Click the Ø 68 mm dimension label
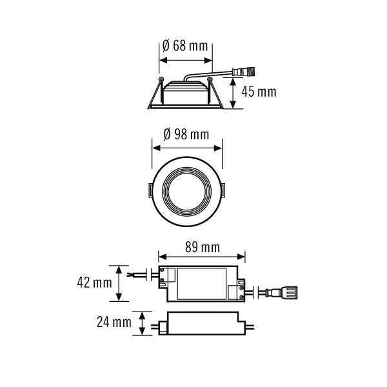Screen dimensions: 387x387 [185, 46]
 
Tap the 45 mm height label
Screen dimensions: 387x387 [259, 92]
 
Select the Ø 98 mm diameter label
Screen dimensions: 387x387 [186, 135]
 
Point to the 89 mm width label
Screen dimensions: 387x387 [203, 247]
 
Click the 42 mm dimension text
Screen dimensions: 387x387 [95, 283]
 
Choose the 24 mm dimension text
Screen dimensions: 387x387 [114, 322]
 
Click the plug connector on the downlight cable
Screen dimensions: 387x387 [244, 72]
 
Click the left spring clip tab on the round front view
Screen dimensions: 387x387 [150, 190]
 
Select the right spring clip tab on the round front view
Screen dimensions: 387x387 [223, 190]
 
